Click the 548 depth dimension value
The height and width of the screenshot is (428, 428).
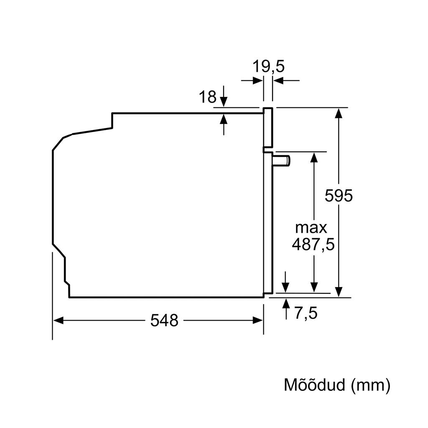click(x=164, y=320)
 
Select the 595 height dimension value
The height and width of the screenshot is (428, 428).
click(x=339, y=196)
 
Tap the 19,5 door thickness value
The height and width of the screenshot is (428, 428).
click(x=269, y=66)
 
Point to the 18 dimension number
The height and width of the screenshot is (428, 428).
click(x=207, y=97)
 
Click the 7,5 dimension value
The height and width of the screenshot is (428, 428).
click(x=306, y=313)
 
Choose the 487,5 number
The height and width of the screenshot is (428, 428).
click(x=313, y=244)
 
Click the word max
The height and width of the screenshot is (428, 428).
click(x=311, y=228)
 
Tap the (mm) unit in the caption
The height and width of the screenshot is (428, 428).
click(x=371, y=385)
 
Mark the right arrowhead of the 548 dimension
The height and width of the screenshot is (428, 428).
click(x=257, y=321)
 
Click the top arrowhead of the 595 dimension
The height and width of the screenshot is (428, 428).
click(x=339, y=113)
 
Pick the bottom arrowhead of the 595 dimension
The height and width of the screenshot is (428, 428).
click(x=339, y=292)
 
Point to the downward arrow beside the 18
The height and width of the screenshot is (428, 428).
click(x=224, y=96)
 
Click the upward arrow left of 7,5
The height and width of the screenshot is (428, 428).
click(x=286, y=309)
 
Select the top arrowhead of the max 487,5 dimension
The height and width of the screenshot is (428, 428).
click(x=314, y=158)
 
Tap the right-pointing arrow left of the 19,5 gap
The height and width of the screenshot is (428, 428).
click(x=252, y=81)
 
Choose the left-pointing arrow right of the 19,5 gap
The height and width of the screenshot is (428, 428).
click(x=286, y=81)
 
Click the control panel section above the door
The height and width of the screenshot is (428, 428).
click(x=268, y=127)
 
